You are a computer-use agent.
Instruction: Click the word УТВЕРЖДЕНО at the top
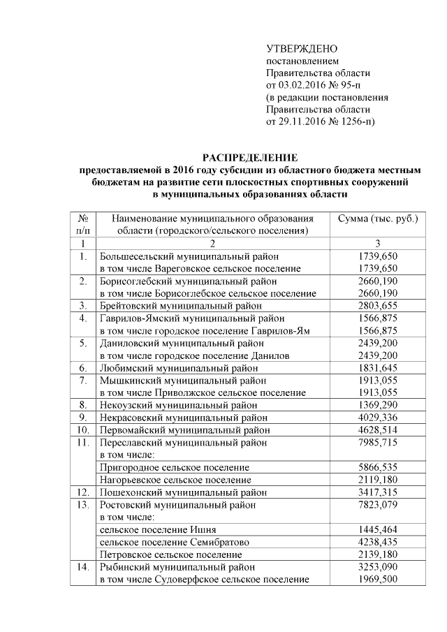tap(302, 49)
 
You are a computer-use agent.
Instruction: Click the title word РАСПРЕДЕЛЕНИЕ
tap(249, 158)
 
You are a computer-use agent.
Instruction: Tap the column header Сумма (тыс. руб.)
tap(377, 219)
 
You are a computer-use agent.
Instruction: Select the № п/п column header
tap(82, 224)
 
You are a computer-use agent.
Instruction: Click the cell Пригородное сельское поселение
tap(175, 466)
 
